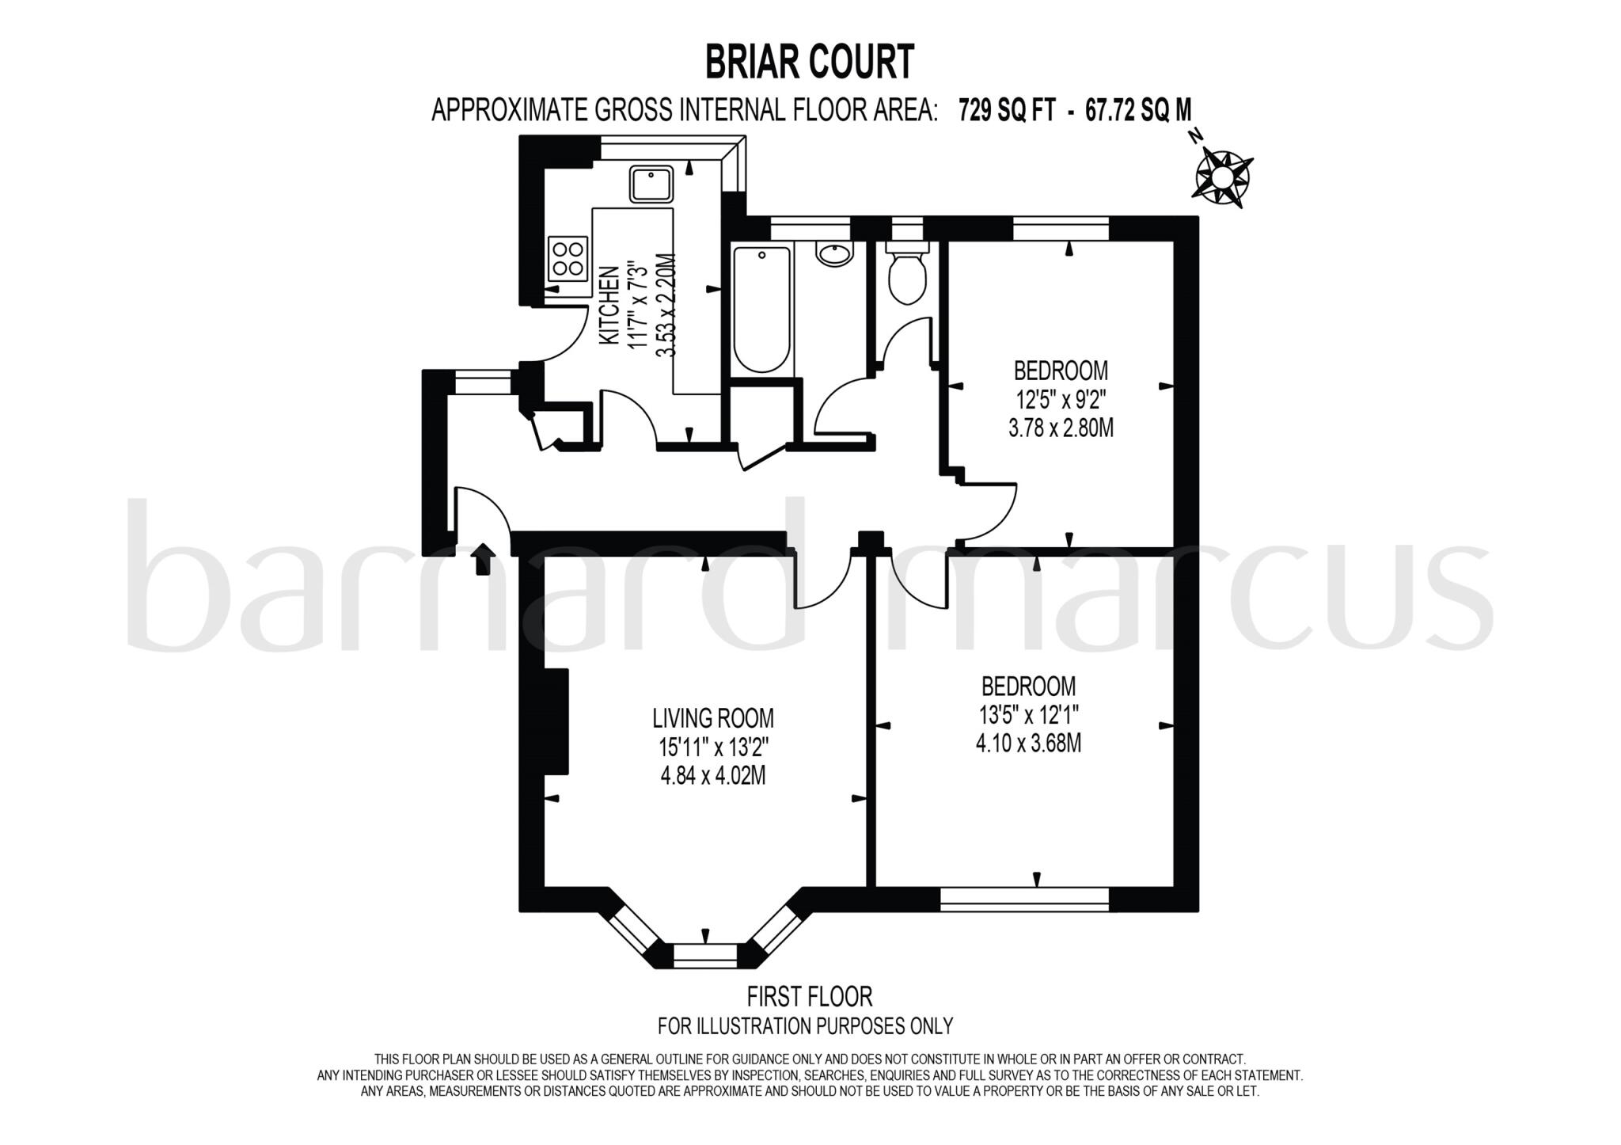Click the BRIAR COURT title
[x=810, y=63]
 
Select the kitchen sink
[x=651, y=184]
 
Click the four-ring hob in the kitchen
[x=568, y=259]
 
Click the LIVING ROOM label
[x=712, y=718]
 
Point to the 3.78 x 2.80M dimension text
[x=1061, y=428]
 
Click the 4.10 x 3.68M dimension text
[x=1029, y=744]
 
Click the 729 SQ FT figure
[x=1007, y=110]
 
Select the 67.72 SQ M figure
[x=1137, y=110]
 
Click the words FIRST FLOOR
[x=810, y=995]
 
